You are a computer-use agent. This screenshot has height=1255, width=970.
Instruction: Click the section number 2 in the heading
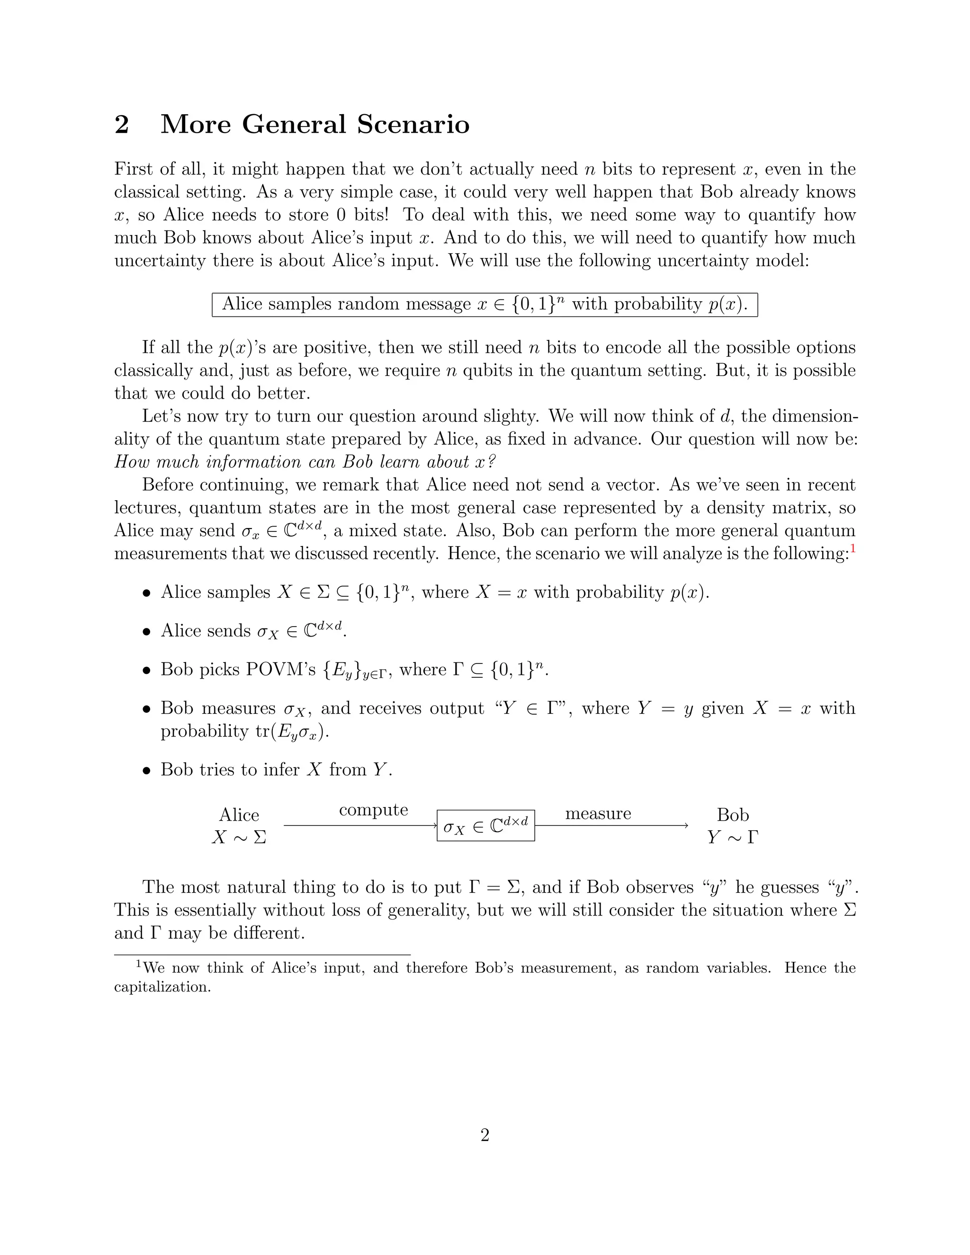click(122, 125)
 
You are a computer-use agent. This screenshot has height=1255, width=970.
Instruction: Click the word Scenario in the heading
click(413, 125)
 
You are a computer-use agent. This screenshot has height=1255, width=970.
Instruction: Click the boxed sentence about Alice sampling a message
click(485, 305)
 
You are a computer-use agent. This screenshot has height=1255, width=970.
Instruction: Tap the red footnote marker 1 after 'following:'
click(853, 549)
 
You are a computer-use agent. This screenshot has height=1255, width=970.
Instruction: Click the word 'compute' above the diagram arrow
click(374, 810)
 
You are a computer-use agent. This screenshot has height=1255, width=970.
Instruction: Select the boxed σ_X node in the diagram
click(485, 826)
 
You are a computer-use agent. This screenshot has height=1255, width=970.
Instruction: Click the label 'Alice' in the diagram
click(239, 815)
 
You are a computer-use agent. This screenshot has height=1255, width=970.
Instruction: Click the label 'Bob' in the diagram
click(733, 815)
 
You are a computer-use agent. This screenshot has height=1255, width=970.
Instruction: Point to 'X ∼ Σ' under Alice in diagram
click(239, 837)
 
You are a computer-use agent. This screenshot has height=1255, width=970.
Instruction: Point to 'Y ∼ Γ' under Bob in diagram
click(733, 837)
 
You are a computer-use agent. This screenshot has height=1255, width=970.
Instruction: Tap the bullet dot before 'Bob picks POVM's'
click(147, 671)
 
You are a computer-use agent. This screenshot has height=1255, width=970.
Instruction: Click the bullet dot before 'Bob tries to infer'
click(147, 771)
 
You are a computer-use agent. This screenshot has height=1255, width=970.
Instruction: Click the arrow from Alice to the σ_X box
click(360, 826)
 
